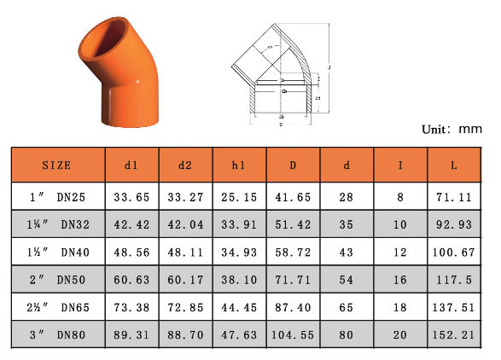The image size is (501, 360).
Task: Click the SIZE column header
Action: (x=56, y=165)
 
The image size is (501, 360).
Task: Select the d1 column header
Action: (x=131, y=165)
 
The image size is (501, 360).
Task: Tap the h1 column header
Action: (x=239, y=165)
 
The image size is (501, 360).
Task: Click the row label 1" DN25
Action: (x=56, y=197)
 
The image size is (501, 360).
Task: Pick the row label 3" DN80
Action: (x=56, y=336)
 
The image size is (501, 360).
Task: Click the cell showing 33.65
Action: (x=131, y=197)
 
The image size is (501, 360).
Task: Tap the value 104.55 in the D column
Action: (x=293, y=336)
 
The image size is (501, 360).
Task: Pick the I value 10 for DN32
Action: (x=400, y=225)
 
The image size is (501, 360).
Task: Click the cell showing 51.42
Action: (x=293, y=225)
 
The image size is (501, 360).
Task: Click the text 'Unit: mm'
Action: (x=452, y=130)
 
